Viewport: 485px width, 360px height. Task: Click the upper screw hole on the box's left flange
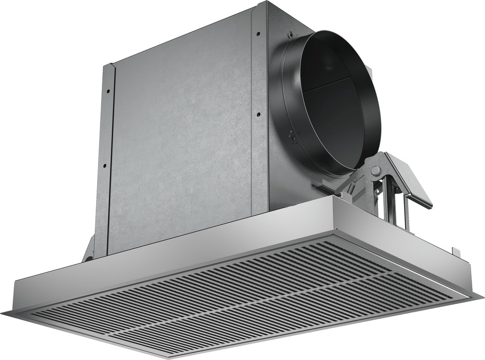pyautogui.click(x=108, y=90)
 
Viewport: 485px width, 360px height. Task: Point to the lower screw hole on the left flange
pyautogui.click(x=105, y=165)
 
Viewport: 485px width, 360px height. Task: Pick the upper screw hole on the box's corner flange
pyautogui.click(x=258, y=34)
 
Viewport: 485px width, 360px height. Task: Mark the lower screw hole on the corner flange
pyautogui.click(x=258, y=114)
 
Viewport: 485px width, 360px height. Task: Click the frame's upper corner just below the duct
pyautogui.click(x=334, y=199)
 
